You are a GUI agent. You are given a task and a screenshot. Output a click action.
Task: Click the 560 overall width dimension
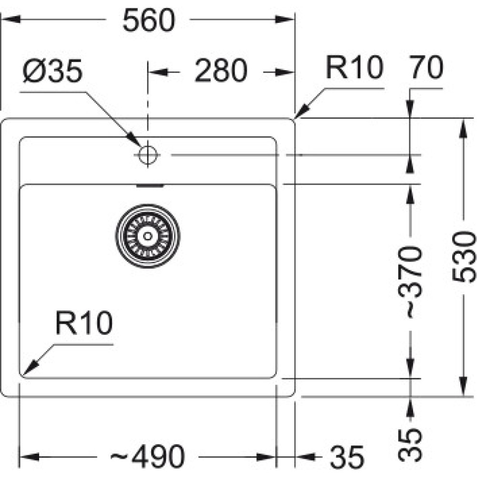click(x=149, y=21)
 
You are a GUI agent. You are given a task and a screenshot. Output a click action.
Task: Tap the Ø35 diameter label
click(x=52, y=71)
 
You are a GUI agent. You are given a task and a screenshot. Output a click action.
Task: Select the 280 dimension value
click(x=221, y=71)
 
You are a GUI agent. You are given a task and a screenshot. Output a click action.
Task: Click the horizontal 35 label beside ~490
click(x=346, y=457)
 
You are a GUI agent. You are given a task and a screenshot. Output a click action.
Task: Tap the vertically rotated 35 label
click(x=410, y=444)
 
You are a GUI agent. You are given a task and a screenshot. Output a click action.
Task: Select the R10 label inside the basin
click(x=83, y=323)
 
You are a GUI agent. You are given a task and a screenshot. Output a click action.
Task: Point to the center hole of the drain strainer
click(x=147, y=235)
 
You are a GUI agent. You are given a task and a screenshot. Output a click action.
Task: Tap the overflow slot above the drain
click(x=150, y=186)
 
